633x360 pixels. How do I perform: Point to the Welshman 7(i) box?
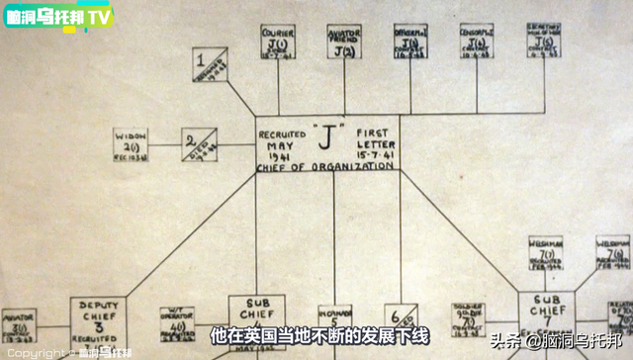545,254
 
